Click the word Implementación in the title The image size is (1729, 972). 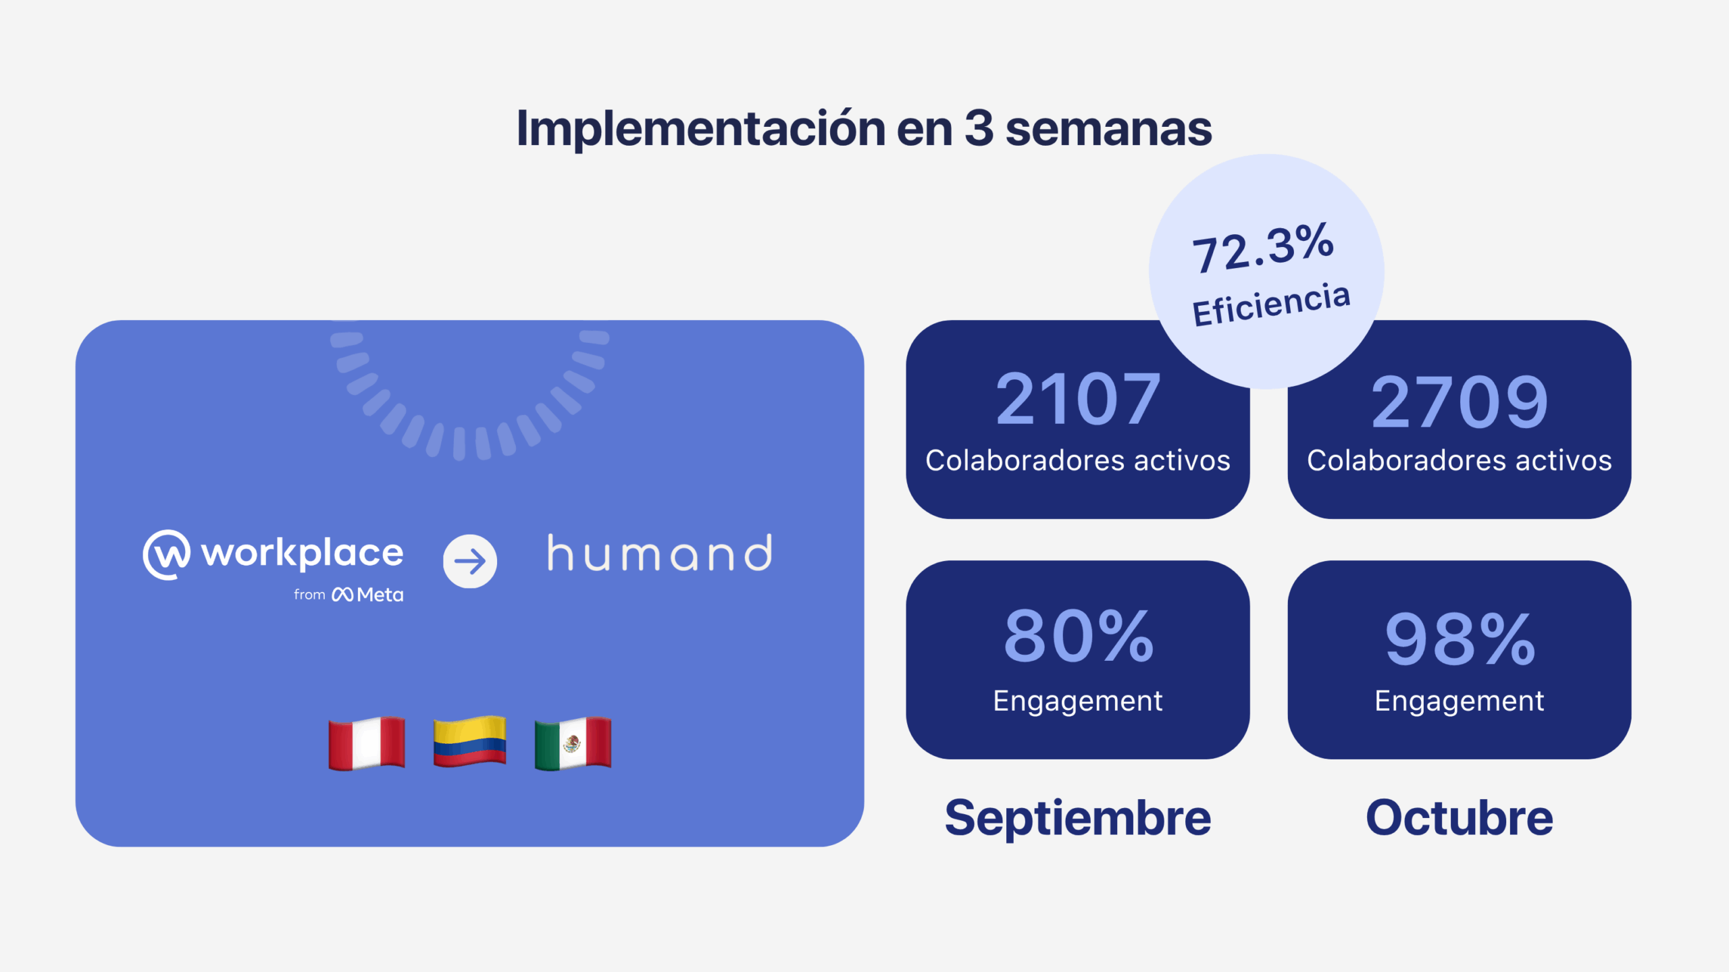(x=700, y=129)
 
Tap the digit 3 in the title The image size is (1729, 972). (x=979, y=128)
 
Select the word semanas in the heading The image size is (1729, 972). (x=1108, y=129)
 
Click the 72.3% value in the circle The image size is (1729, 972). (x=1263, y=248)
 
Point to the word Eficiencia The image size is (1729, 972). (x=1271, y=305)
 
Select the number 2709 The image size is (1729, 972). (x=1460, y=403)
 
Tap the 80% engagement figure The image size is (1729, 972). (x=1079, y=636)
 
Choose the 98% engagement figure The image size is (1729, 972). (x=1460, y=639)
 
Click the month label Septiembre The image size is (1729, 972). (x=1078, y=818)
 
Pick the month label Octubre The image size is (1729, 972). (x=1460, y=818)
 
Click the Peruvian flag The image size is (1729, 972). (x=367, y=743)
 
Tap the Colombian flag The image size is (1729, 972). (x=470, y=741)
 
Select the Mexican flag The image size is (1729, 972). (x=573, y=743)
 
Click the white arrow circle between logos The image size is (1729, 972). (x=470, y=561)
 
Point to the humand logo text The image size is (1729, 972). (x=660, y=554)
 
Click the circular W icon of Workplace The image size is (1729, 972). (x=166, y=555)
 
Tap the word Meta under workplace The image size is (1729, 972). (x=380, y=595)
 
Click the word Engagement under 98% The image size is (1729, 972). (x=1460, y=701)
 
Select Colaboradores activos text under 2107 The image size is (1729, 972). (x=1078, y=460)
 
